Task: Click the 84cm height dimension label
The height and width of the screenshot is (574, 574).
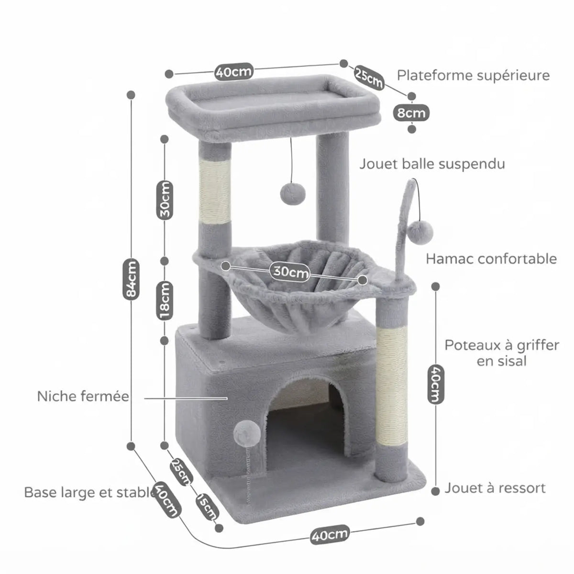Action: (131, 279)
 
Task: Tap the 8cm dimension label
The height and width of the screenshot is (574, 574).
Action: (411, 113)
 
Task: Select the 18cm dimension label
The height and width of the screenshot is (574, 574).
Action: (165, 300)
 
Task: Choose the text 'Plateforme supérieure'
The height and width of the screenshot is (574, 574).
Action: (473, 76)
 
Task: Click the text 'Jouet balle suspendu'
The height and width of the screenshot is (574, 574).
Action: (432, 164)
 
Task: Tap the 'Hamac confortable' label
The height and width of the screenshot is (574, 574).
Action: (491, 259)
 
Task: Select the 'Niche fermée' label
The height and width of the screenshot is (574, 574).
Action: (83, 396)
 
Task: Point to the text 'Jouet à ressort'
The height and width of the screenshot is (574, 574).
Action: (495, 488)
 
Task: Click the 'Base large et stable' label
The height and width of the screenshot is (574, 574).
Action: (90, 492)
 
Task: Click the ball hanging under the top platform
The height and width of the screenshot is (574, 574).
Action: (293, 194)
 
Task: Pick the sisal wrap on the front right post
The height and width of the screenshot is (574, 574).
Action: (392, 385)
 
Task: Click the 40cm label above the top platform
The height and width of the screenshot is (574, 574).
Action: (234, 71)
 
